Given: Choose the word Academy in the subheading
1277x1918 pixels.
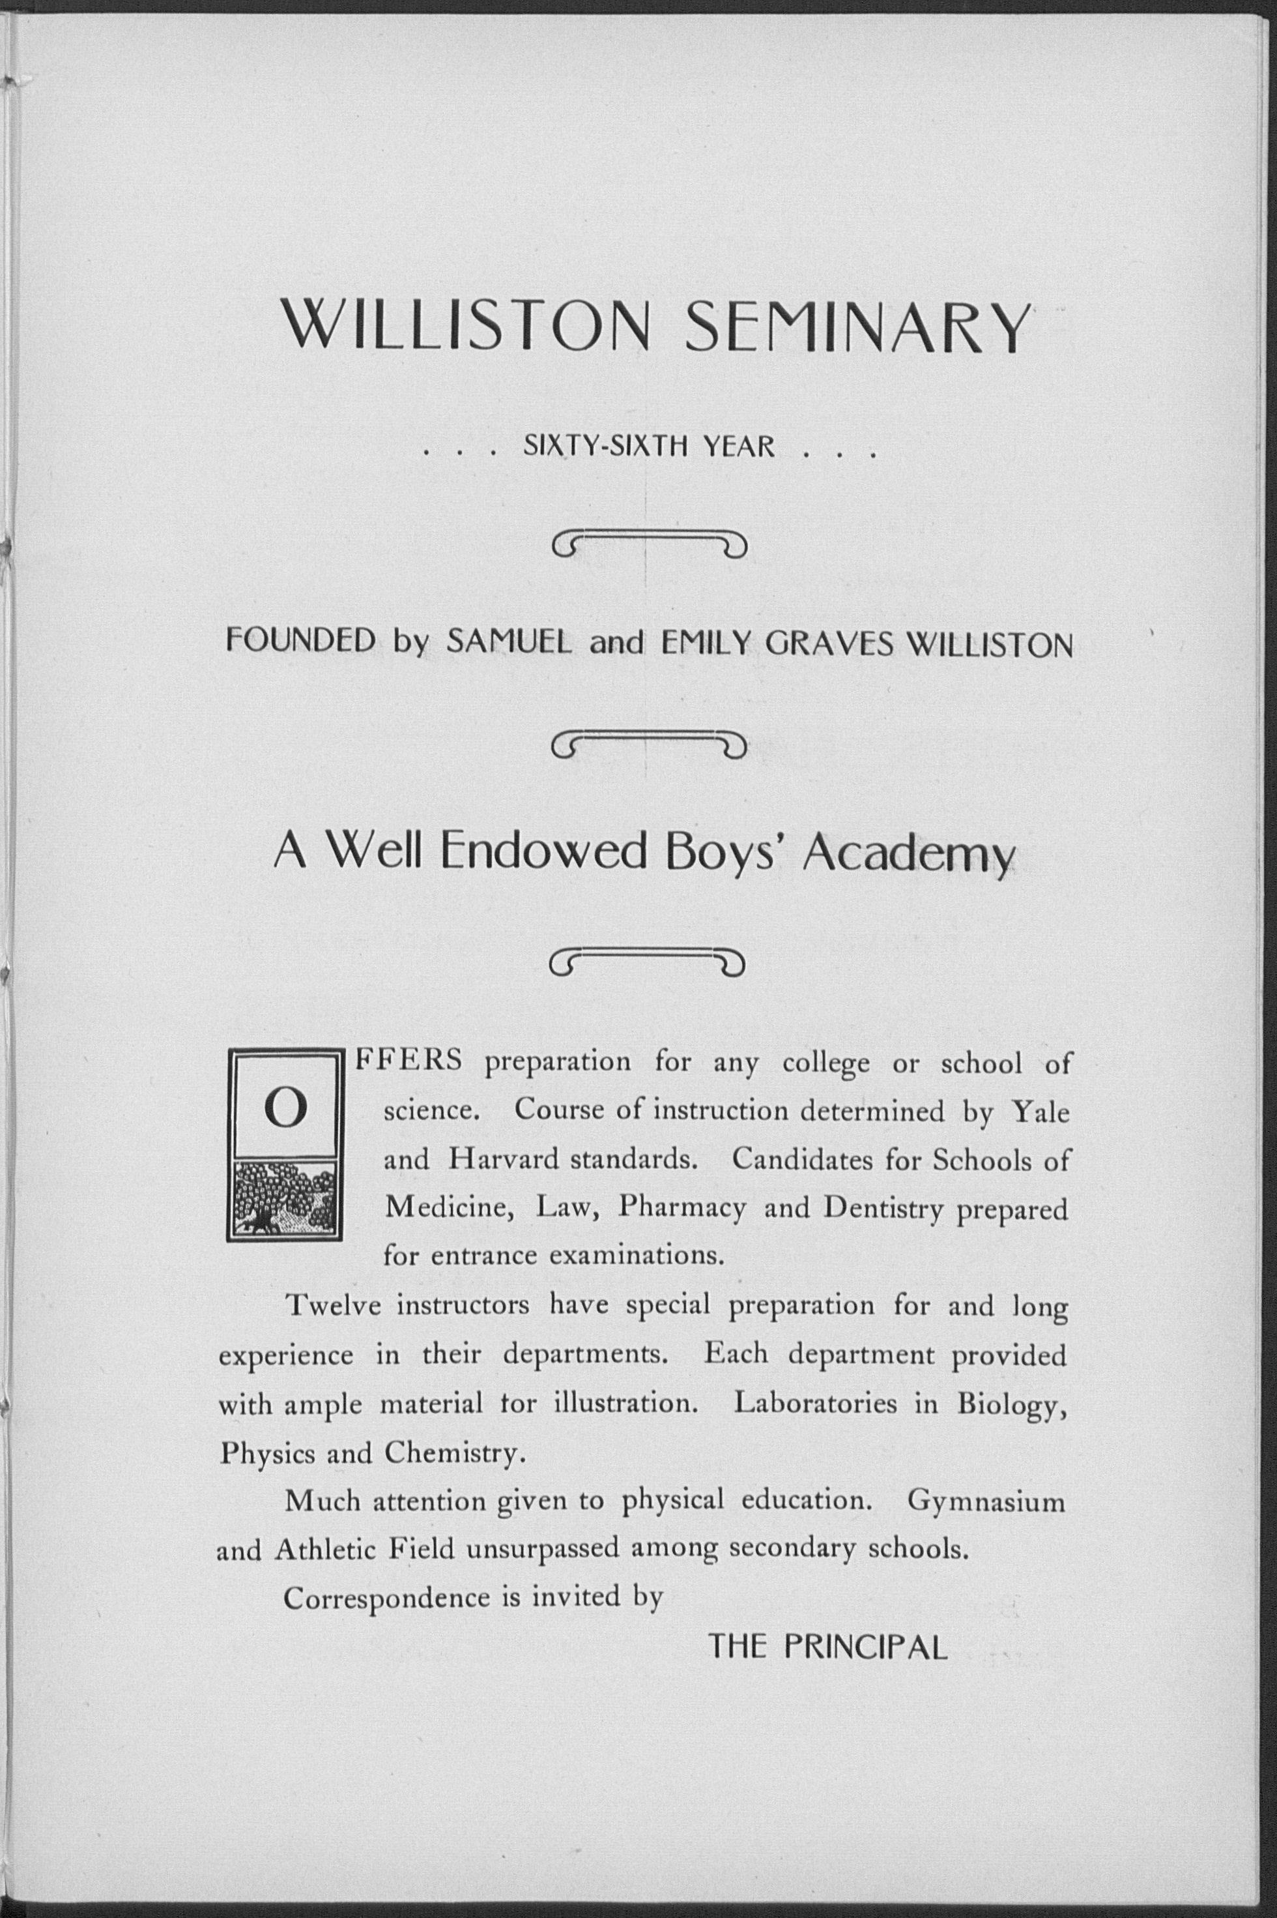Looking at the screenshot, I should [909, 854].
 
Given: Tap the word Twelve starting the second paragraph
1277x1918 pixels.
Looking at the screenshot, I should [333, 1306].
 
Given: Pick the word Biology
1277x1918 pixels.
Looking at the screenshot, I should [1011, 1404].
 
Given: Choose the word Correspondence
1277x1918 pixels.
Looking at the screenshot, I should [385, 1598].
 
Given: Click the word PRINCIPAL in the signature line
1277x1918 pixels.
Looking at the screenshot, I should [866, 1648].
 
